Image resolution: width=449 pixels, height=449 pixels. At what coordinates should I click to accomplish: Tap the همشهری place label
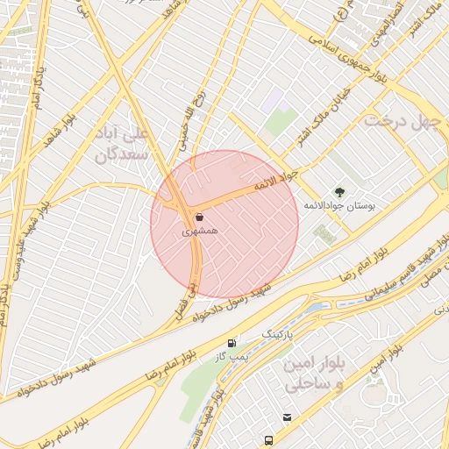coord(198,232)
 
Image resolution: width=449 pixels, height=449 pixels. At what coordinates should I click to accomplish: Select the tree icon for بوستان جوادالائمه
coord(339,191)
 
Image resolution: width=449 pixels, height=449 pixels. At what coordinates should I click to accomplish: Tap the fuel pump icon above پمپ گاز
coord(232,343)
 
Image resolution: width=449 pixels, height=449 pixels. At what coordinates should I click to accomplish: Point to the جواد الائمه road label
coord(276,181)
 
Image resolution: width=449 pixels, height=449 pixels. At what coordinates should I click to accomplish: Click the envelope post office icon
coord(287,417)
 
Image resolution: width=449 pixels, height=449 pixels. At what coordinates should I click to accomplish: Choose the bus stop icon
coord(267,439)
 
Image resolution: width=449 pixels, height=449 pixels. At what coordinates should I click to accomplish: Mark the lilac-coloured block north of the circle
coord(274,96)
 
